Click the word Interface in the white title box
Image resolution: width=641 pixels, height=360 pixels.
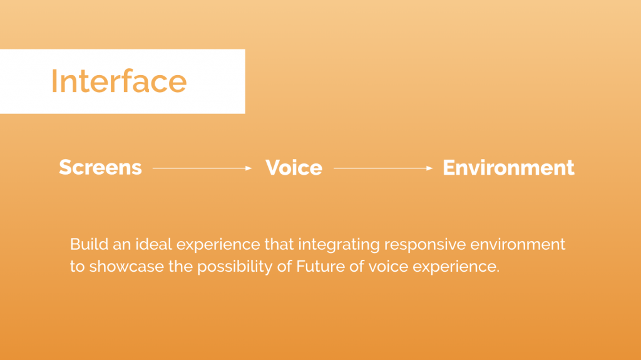(x=119, y=81)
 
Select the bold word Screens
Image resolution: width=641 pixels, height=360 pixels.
(x=101, y=167)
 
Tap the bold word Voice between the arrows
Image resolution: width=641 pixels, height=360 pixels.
(x=294, y=168)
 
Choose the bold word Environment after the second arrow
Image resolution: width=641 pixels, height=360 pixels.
(x=508, y=168)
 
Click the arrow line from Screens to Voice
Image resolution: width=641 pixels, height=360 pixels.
(x=202, y=168)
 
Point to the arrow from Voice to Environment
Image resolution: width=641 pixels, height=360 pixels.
(x=383, y=168)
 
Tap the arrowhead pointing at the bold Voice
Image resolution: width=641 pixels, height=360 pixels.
(x=249, y=168)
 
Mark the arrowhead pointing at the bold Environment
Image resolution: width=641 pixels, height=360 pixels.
(x=429, y=168)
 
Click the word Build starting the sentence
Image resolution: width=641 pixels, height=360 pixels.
(x=89, y=244)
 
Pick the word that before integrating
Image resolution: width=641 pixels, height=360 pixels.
(x=279, y=244)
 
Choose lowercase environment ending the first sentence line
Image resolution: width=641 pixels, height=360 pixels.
(x=518, y=245)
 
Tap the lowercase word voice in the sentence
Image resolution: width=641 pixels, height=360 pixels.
(x=388, y=267)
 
